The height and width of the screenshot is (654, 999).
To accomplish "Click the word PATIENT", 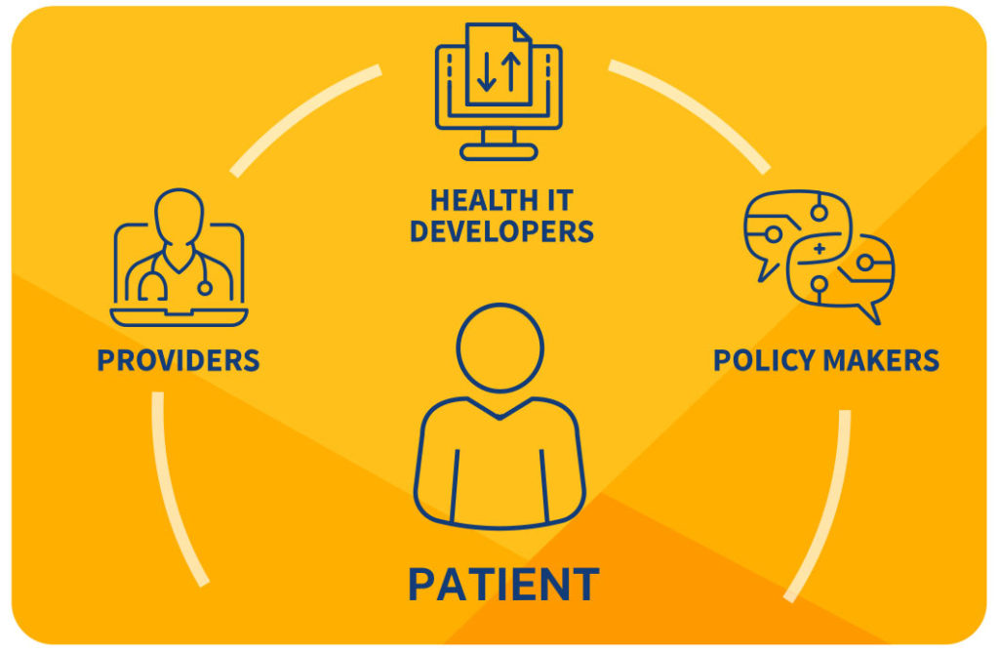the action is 503,584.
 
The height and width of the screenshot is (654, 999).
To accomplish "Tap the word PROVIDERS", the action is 179,361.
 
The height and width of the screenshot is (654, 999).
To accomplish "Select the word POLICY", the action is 764,361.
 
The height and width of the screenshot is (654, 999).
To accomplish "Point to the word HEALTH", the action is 475,201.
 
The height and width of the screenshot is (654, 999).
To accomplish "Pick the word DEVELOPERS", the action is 502,231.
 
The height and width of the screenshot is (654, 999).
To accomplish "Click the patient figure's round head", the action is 500,347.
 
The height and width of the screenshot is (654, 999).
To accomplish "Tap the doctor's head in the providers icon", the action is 180,216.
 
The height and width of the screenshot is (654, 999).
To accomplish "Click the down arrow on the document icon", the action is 487,71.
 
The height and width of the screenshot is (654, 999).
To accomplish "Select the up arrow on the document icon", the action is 511,71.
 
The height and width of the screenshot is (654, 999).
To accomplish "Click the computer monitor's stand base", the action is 499,152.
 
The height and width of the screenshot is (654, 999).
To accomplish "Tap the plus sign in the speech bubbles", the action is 819,249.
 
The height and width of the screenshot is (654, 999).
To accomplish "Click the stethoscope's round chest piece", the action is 205,288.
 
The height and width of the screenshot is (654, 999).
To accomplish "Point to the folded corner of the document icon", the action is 523,32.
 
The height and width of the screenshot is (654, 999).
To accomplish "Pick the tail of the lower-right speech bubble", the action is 871,313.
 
